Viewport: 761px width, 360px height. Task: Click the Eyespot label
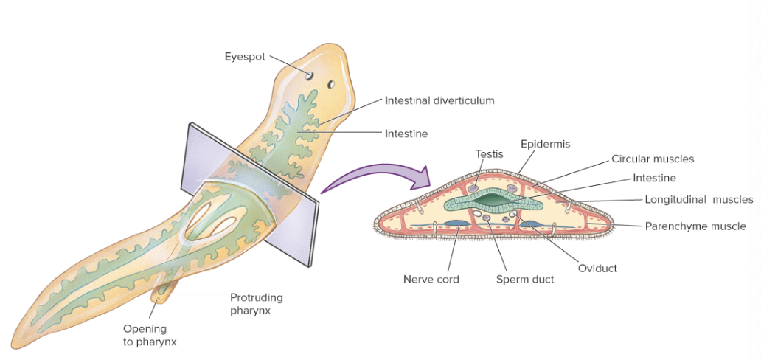coord(244,57)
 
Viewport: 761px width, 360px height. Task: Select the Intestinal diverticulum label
coord(439,100)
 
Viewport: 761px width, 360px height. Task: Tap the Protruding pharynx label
coord(256,303)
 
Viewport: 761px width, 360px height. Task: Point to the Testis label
coord(489,154)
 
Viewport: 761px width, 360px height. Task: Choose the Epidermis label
coord(545,144)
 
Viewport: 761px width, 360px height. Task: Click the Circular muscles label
coord(652,159)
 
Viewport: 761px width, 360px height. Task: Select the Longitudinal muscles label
coord(698,199)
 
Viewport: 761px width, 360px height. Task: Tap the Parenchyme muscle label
coord(695,226)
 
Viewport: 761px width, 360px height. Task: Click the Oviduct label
coord(597,269)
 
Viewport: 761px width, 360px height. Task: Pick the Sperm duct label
coord(524,280)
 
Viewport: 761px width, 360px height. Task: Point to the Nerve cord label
coord(431,280)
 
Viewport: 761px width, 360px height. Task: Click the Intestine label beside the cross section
coord(654,178)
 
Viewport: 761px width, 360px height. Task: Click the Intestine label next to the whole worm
coord(406,134)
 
